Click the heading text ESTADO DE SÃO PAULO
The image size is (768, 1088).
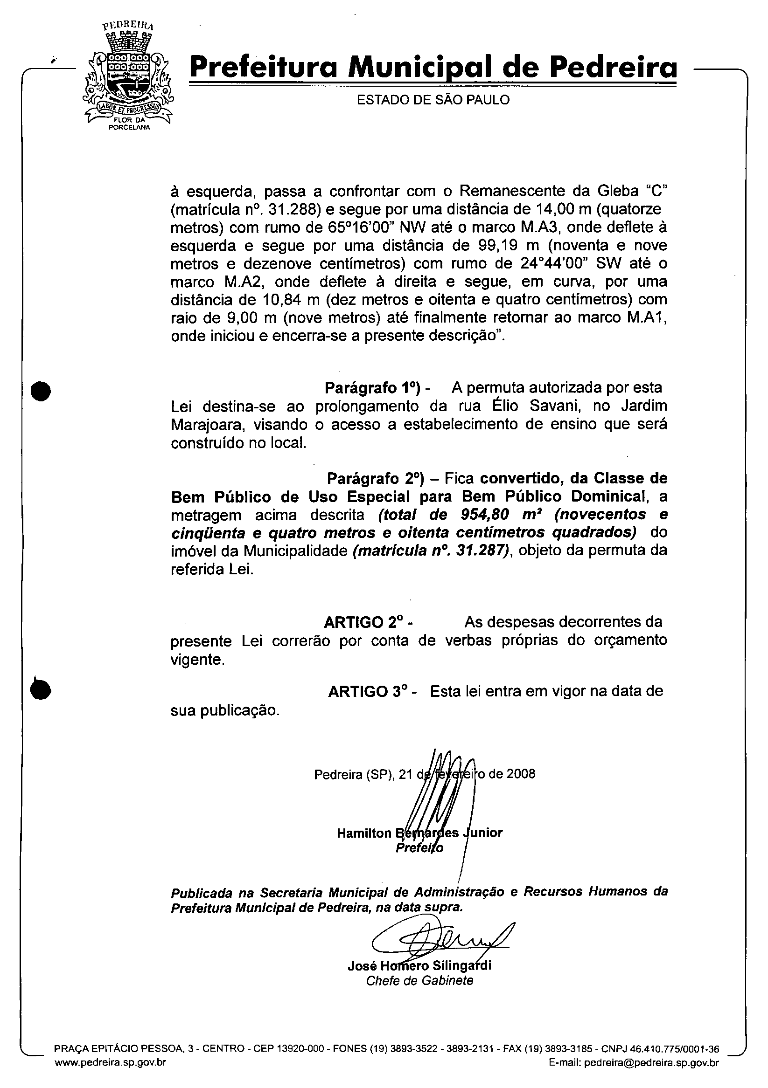(433, 100)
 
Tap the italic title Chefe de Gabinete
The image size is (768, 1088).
(419, 980)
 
